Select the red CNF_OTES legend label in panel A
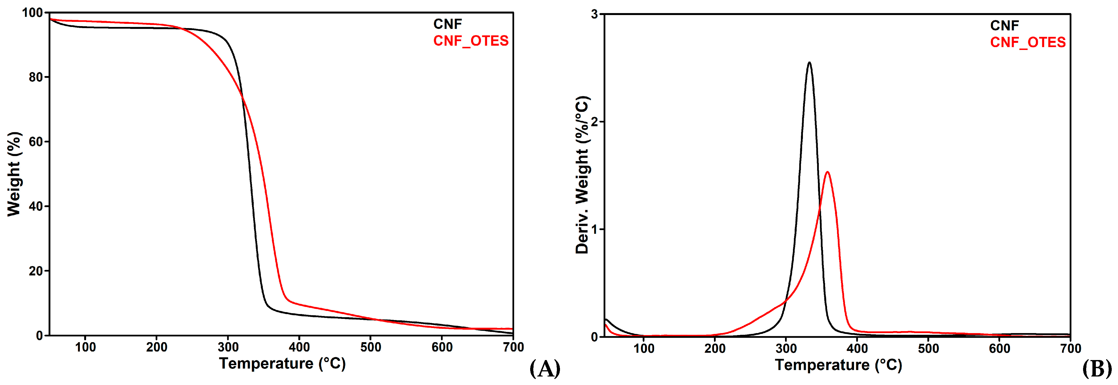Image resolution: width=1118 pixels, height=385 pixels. coord(470,41)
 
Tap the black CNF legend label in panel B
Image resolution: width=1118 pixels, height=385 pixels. coord(1004,26)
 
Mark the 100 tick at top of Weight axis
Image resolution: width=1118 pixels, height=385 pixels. coord(33,13)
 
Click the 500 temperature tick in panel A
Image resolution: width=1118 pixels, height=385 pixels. coord(371,347)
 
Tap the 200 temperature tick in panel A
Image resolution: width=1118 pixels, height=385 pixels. coord(157,347)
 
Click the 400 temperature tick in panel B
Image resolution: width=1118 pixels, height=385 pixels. coord(857,349)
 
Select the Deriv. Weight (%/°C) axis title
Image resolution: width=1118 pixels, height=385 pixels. coord(582,175)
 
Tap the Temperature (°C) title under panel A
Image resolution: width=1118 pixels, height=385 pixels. coord(282,364)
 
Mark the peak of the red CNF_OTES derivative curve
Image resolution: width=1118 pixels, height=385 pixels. coord(828,172)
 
